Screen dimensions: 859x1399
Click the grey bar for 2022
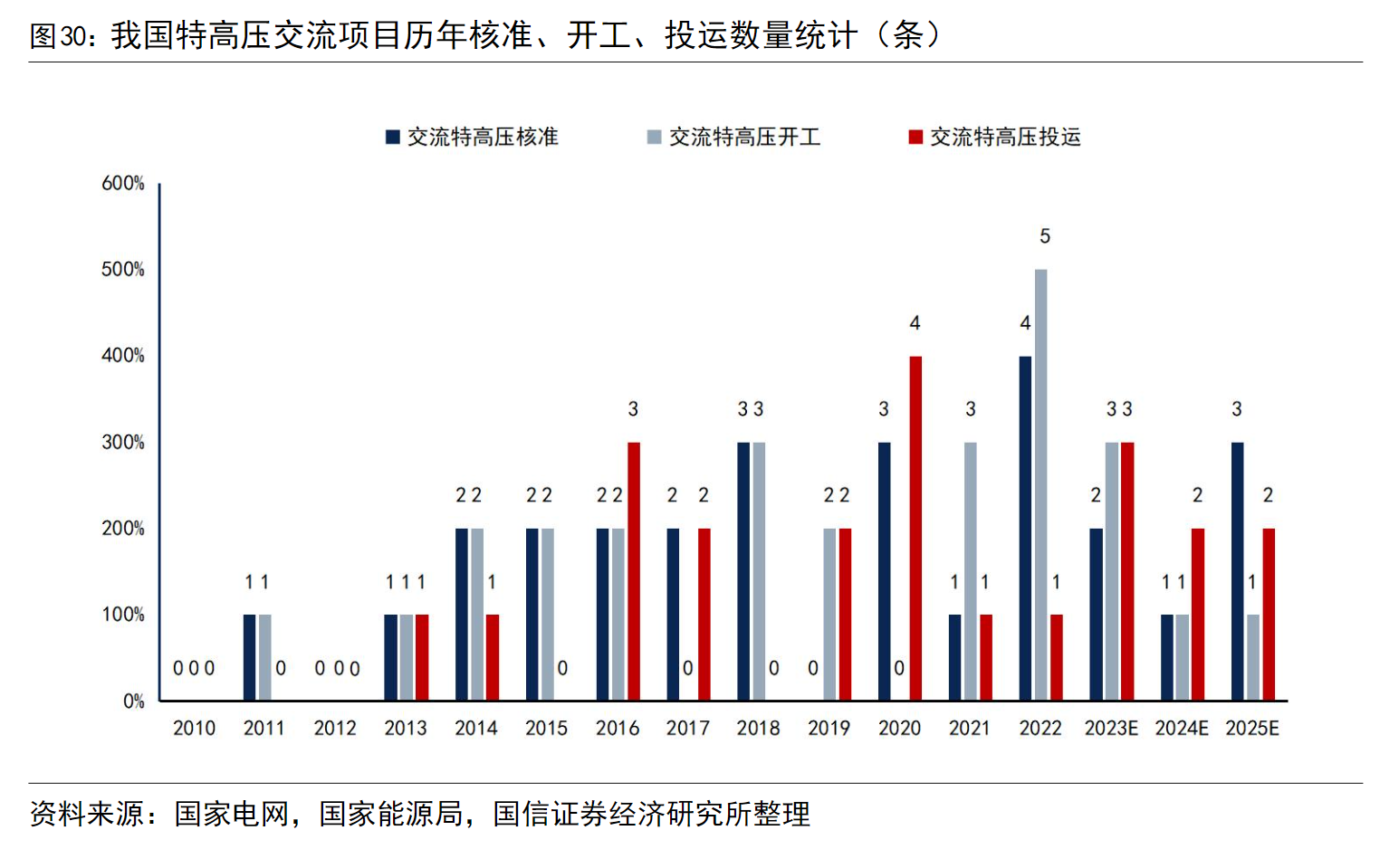pyautogui.click(x=1040, y=485)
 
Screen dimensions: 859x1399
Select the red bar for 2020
pyautogui.click(x=915, y=529)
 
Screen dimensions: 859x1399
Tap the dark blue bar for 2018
pyautogui.click(x=743, y=571)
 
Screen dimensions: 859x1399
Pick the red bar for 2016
pyautogui.click(x=634, y=571)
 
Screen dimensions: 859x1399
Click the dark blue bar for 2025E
pyautogui.click(x=1237, y=571)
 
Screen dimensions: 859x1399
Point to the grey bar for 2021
pyautogui.click(x=971, y=571)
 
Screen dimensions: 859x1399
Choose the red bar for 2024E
pyautogui.click(x=1198, y=615)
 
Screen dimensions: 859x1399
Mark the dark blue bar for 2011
pyautogui.click(x=249, y=657)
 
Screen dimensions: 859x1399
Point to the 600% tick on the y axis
pyautogui.click(x=123, y=183)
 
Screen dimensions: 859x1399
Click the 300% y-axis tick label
pyautogui.click(x=123, y=442)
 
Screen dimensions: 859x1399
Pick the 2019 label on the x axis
pyautogui.click(x=829, y=728)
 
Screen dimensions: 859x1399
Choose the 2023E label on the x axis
pyautogui.click(x=1111, y=728)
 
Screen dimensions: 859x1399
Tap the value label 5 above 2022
pyautogui.click(x=1045, y=236)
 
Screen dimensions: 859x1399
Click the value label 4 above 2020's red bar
pyautogui.click(x=915, y=323)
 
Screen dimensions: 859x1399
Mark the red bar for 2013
pyautogui.click(x=422, y=657)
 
